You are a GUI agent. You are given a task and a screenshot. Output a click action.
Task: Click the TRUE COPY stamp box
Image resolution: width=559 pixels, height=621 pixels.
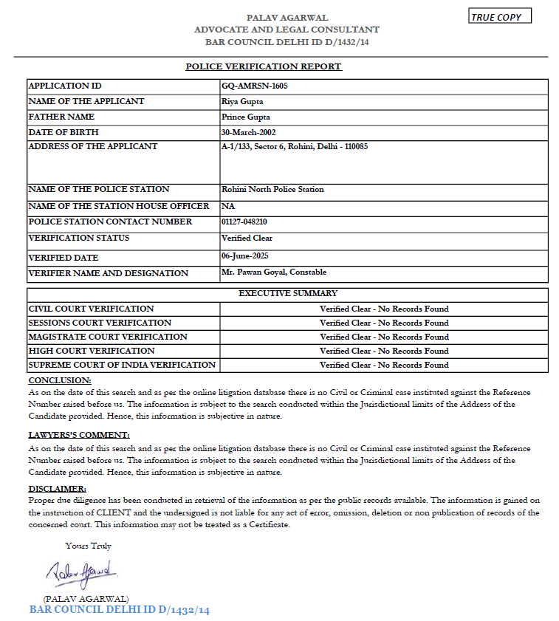coord(500,17)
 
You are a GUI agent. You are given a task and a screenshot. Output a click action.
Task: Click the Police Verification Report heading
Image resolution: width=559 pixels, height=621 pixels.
coord(264,66)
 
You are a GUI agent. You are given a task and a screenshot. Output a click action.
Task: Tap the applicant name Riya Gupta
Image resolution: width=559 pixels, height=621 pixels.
coord(242,101)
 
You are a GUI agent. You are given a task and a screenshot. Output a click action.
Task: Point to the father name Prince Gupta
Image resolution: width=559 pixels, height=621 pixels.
coord(247,117)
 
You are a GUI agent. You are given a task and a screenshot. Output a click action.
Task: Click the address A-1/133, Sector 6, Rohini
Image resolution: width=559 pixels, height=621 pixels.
coord(295,146)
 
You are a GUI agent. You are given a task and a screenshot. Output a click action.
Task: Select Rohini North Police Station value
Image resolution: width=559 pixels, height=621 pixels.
coord(272,189)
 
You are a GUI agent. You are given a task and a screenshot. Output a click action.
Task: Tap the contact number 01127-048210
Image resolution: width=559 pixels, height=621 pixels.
coord(244,222)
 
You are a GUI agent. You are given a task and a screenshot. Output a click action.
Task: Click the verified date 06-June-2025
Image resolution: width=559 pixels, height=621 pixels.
coord(244,255)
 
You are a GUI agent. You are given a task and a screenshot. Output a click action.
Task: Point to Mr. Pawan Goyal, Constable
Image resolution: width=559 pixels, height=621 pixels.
coord(274,272)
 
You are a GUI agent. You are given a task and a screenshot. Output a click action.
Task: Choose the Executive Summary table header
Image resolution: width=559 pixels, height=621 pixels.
coord(288,293)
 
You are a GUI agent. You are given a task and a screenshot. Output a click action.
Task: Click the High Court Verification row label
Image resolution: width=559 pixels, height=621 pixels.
coord(92,351)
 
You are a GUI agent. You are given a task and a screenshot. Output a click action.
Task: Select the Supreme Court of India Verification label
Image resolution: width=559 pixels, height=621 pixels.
coord(122,365)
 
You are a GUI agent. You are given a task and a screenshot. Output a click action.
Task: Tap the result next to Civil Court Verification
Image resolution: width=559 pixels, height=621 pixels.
coord(384,309)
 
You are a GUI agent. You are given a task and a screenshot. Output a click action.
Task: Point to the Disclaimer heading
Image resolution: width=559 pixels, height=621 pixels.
coord(57,489)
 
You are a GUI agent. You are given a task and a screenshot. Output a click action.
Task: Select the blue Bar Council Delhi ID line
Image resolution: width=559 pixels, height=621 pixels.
coord(120,610)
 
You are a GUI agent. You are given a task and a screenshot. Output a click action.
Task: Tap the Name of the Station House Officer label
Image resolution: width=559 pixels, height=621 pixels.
coord(118,206)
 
